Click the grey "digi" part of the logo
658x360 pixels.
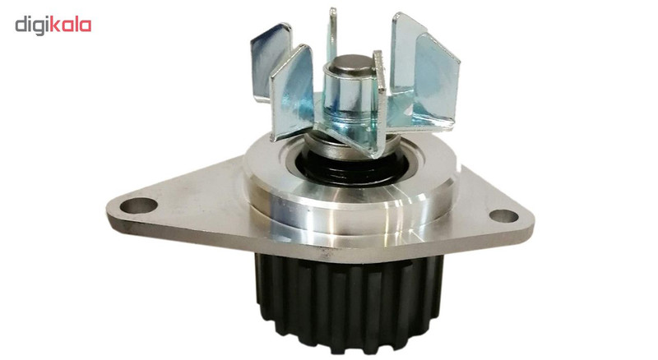(32, 26)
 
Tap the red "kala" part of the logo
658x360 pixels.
(71, 25)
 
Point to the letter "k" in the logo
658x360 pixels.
(55, 25)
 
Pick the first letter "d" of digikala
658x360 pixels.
(22, 25)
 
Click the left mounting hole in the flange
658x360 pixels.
(138, 205)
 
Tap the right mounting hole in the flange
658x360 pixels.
(503, 215)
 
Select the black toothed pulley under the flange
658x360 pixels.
(349, 302)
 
